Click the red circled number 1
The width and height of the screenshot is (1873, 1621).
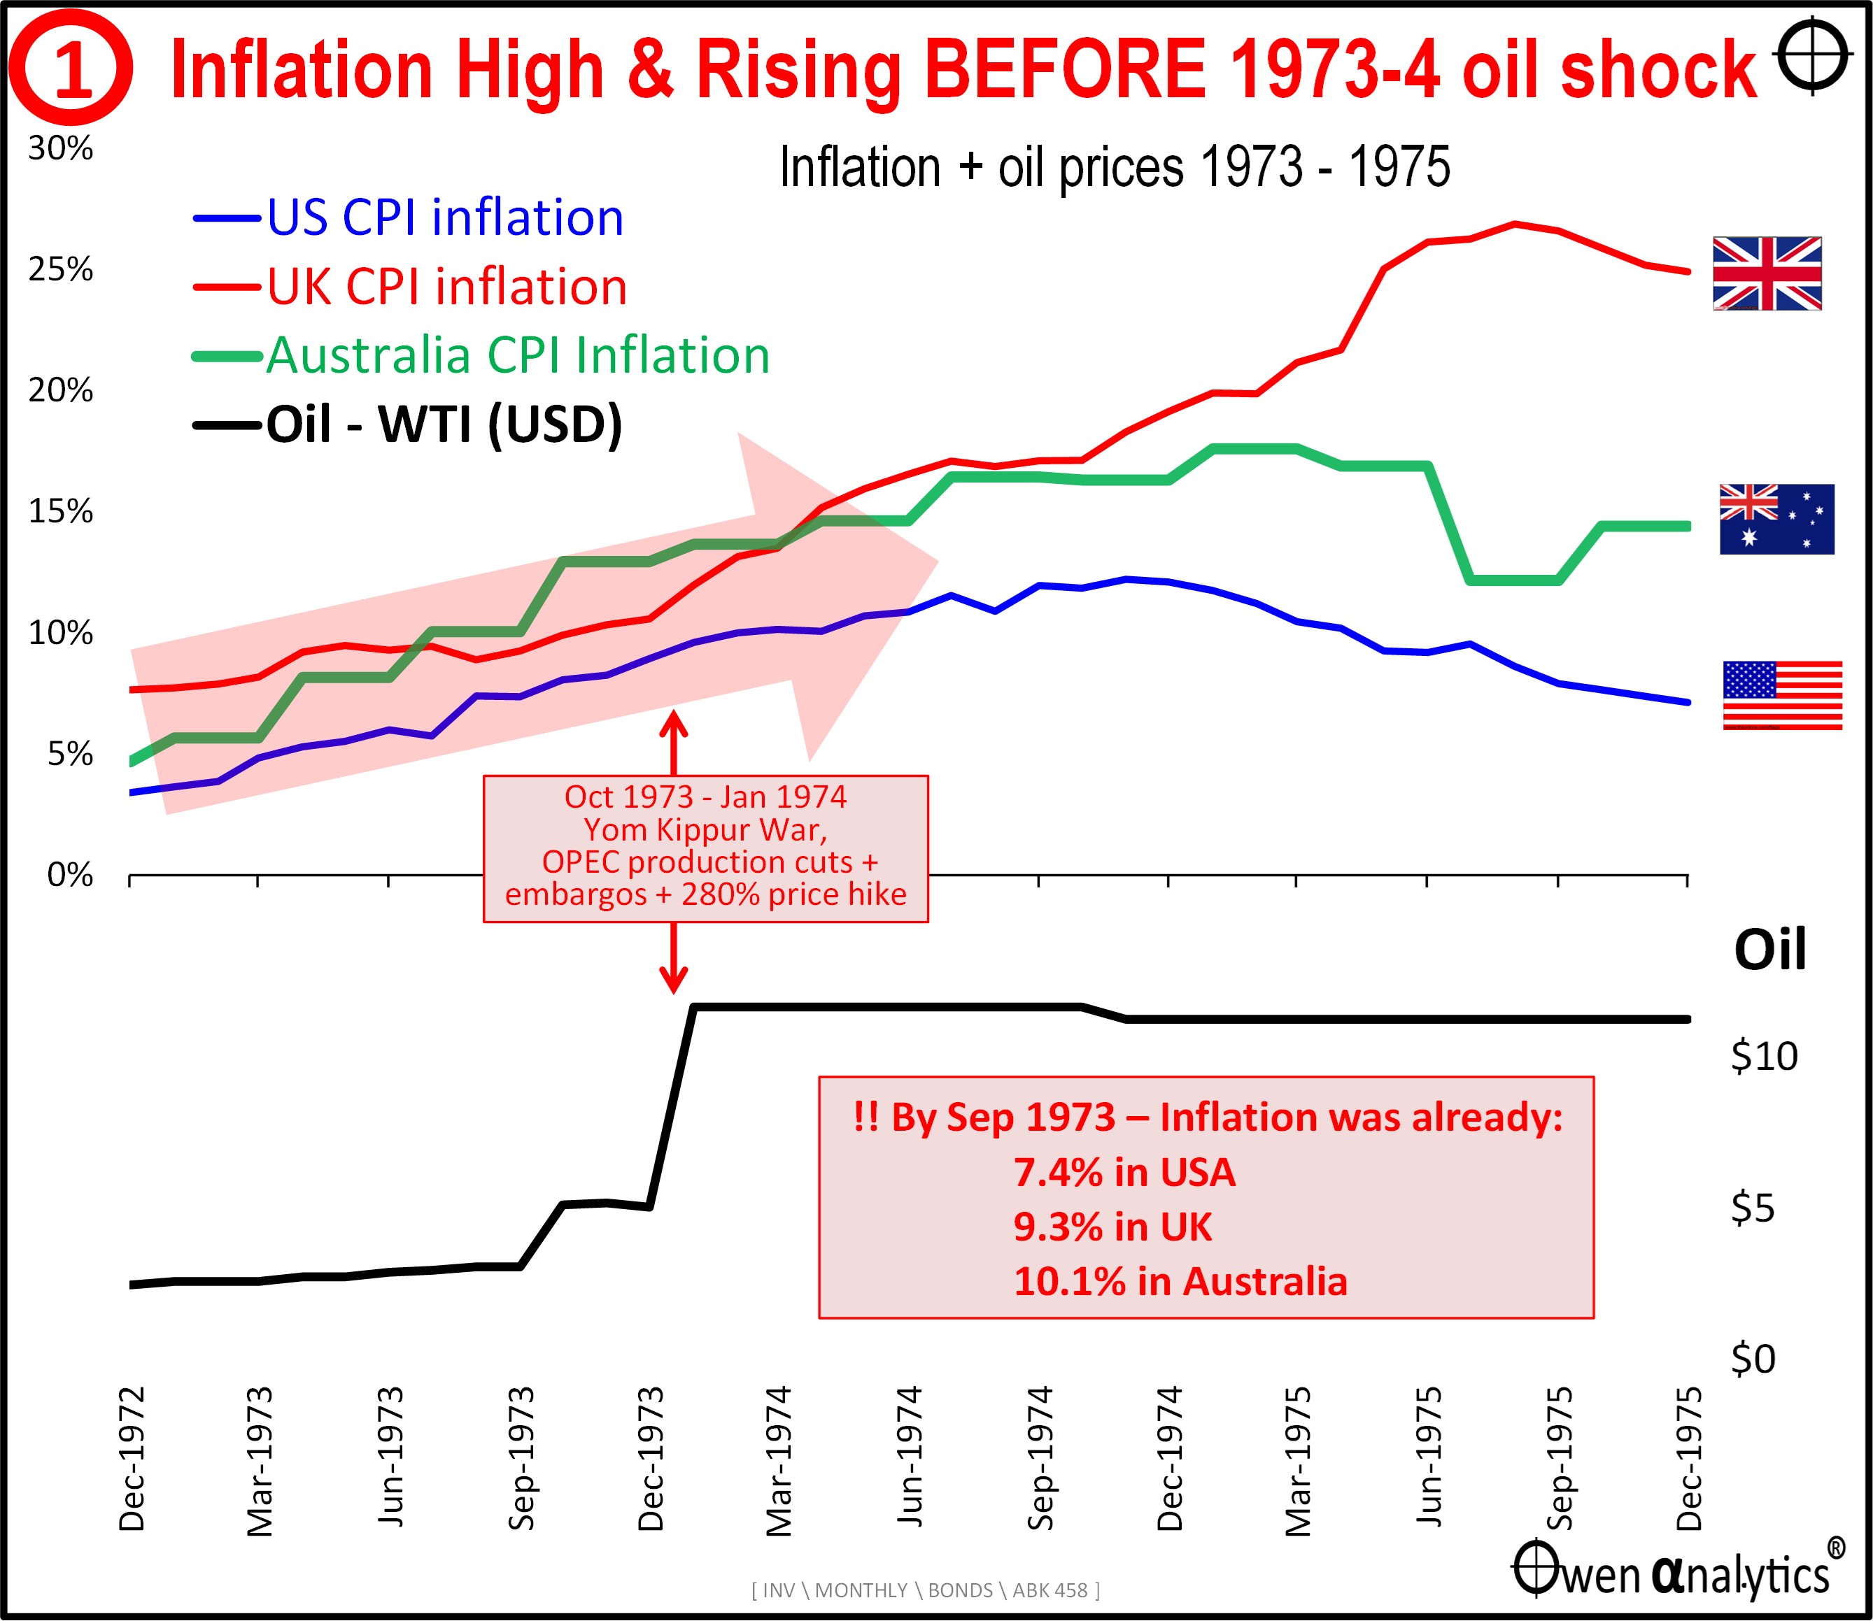pos(71,69)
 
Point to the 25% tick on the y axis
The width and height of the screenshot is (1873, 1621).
pos(61,269)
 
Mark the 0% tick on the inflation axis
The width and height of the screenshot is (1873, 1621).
pos(70,875)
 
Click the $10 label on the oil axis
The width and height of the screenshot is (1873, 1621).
pos(1764,1057)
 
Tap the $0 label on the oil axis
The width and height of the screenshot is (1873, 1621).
pos(1753,1359)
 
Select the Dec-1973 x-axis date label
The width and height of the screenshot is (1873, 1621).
pos(651,1458)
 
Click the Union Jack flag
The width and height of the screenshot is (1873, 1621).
pos(1766,273)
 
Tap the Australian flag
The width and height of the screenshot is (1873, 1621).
pos(1776,519)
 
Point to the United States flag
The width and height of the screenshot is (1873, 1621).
pos(1781,694)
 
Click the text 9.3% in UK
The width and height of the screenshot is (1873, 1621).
pos(1112,1227)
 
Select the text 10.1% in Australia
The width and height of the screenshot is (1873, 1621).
pos(1180,1282)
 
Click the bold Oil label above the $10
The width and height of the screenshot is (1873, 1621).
pos(1769,950)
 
